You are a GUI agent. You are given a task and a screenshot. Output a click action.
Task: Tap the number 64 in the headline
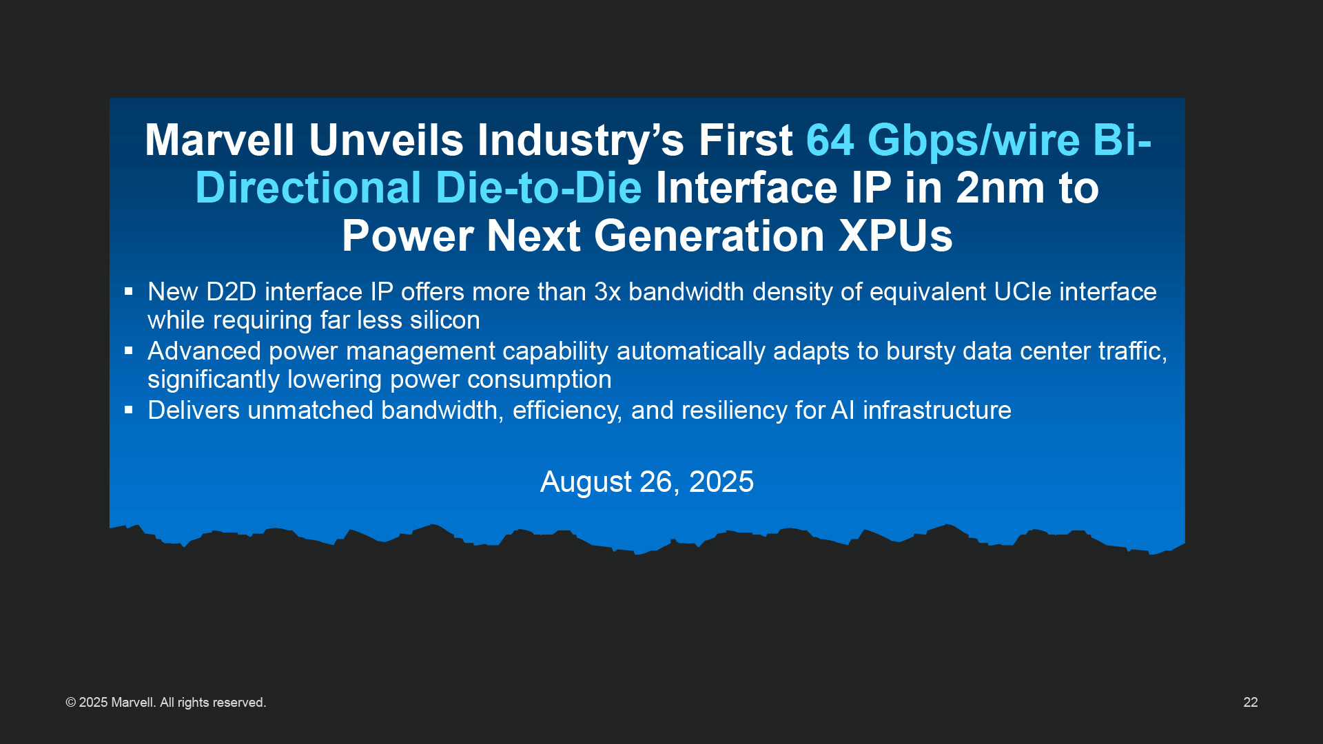tap(830, 140)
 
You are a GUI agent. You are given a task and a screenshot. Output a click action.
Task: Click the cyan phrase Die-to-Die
tap(538, 187)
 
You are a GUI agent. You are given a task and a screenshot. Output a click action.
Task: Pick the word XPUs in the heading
tap(896, 236)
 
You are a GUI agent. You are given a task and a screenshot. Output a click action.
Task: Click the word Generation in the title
tap(709, 236)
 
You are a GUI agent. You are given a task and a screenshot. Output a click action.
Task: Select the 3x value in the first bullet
tap(607, 292)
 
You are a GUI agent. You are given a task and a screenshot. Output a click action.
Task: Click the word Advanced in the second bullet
tap(204, 351)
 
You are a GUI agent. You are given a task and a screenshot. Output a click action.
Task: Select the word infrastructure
tap(937, 411)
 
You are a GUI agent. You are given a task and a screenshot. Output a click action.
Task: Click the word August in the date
tap(586, 483)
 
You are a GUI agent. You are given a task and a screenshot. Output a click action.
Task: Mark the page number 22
tap(1251, 703)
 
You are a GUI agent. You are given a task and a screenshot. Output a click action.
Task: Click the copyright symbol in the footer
tap(70, 703)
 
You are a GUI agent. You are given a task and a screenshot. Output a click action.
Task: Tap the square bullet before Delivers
tap(128, 410)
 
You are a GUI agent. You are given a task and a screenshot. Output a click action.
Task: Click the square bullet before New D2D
tap(128, 291)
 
